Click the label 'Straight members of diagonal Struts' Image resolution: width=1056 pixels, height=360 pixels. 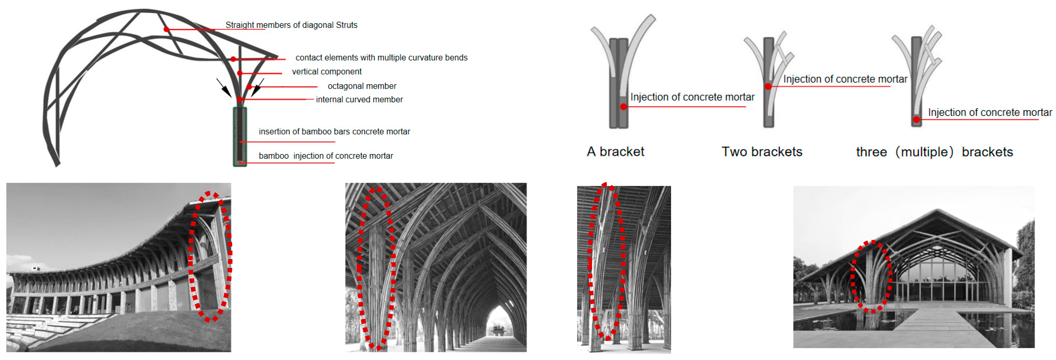pos(291,25)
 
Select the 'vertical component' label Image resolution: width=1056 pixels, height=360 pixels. pos(326,72)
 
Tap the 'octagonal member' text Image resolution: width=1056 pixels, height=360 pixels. pos(361,86)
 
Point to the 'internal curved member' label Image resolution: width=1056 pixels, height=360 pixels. pos(359,100)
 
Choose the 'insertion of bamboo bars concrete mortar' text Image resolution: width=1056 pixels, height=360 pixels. pos(334,132)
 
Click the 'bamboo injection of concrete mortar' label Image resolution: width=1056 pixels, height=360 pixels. pos(326,156)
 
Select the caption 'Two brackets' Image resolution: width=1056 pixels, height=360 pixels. pos(762,152)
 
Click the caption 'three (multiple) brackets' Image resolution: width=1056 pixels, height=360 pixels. pos(934,152)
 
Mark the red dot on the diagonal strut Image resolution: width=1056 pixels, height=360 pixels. pos(166,29)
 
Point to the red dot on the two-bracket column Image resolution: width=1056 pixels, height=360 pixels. pos(768,86)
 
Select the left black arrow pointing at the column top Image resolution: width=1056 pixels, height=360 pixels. pos(224,87)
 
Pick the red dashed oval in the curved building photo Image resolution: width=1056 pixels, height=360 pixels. pos(210,256)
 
